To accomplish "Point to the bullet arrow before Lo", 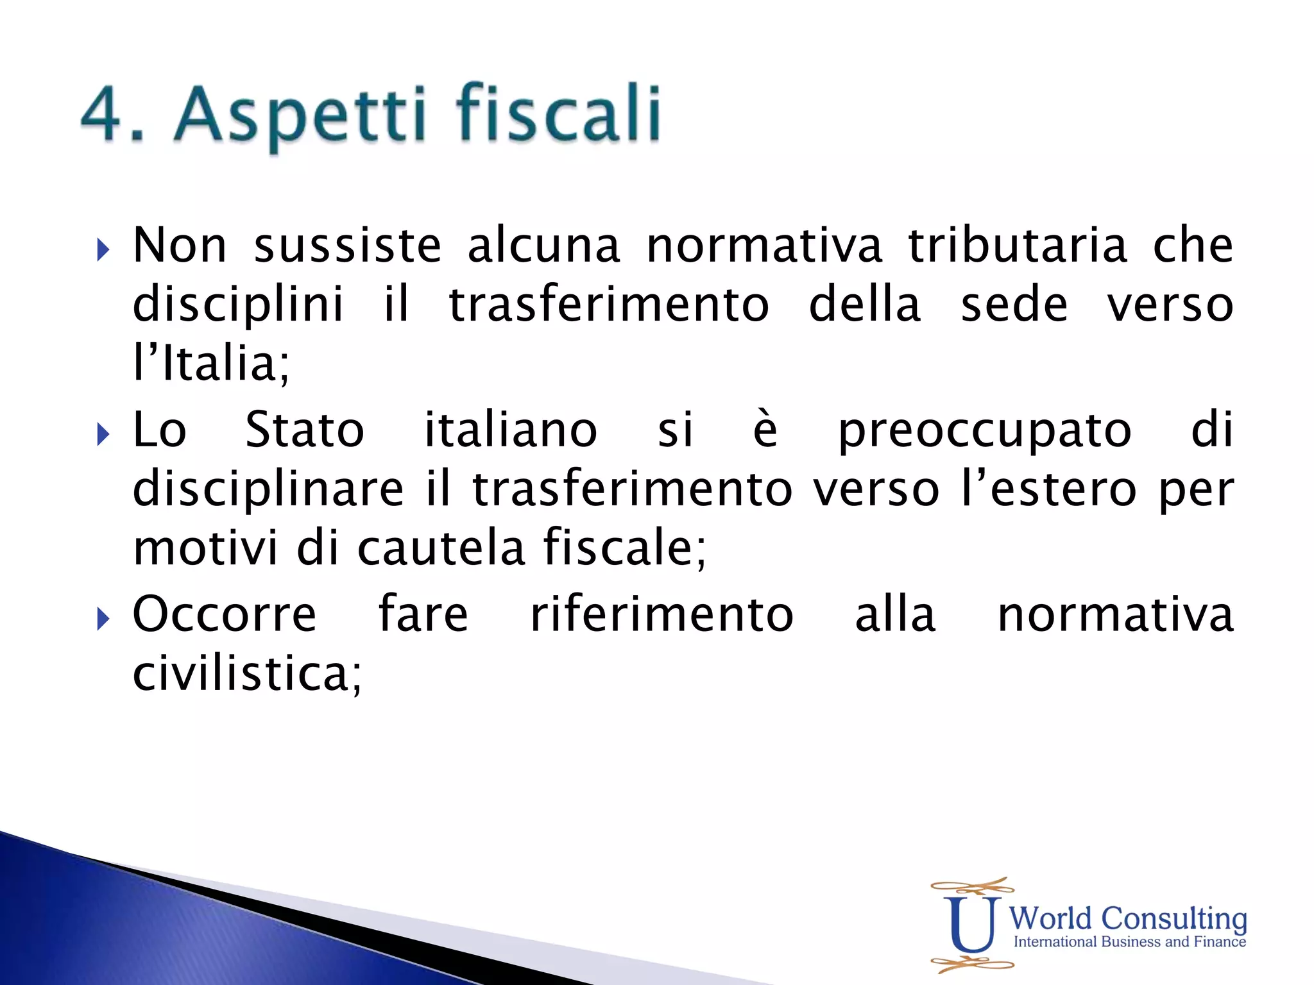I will pyautogui.click(x=103, y=434).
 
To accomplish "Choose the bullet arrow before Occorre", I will pyautogui.click(x=103, y=619).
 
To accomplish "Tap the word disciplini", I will pyautogui.click(x=238, y=305).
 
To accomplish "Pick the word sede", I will pyautogui.click(x=1014, y=305).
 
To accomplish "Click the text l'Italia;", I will pyautogui.click(x=211, y=364).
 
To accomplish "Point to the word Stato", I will pyautogui.click(x=305, y=430).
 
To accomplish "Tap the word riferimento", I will pyautogui.click(x=662, y=614).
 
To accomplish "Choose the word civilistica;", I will pyautogui.click(x=248, y=675).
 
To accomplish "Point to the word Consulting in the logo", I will pyautogui.click(x=1174, y=918).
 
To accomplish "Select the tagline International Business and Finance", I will pyautogui.click(x=1129, y=942).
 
